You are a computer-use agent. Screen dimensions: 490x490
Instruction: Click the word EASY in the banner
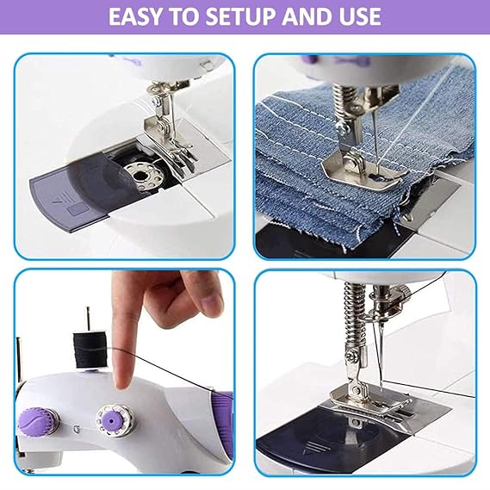(136, 16)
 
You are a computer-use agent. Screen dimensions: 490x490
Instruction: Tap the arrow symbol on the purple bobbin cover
(60, 199)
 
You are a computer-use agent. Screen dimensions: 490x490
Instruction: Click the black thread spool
(90, 350)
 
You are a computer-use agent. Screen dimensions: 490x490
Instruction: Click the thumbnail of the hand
(212, 303)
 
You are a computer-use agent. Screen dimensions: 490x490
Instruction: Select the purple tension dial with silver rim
(115, 420)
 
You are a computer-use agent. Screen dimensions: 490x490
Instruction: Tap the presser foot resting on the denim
(366, 173)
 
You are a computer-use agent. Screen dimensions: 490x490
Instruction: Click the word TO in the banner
(184, 16)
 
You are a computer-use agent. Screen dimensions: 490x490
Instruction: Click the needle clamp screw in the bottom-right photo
(403, 293)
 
